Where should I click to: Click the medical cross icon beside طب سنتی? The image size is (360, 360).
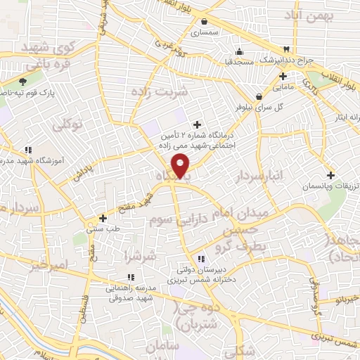click(103, 218)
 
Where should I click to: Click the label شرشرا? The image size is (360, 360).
click(136, 254)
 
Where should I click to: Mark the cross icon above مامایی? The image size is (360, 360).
click(282, 76)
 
